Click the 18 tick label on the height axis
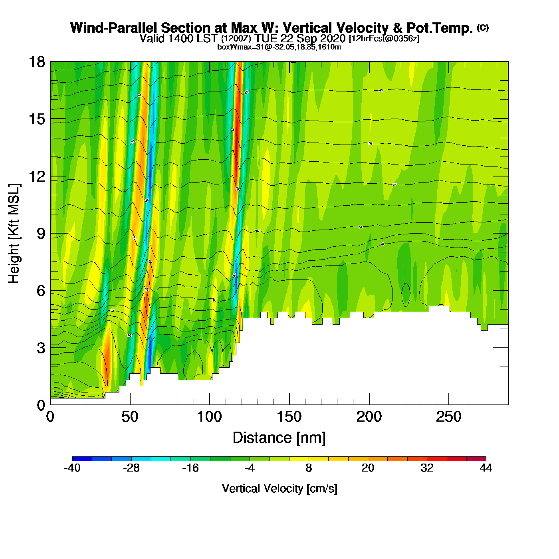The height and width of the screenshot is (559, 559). [36, 62]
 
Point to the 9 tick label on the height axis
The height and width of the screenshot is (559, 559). [41, 234]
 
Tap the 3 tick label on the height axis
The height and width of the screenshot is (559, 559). [41, 348]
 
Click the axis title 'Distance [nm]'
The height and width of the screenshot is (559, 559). [279, 438]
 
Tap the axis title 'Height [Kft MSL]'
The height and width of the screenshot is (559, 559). [14, 234]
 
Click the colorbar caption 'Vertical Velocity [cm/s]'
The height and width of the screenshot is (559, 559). [279, 488]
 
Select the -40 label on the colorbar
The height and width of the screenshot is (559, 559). [72, 468]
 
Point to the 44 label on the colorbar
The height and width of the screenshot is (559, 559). [486, 468]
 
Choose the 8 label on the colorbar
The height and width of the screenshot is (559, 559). [309, 468]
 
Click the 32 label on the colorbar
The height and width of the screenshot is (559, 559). [427, 468]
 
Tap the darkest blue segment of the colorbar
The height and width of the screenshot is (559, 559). [82, 459]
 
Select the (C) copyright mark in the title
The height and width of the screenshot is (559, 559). [483, 28]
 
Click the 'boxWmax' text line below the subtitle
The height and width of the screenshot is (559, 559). [279, 47]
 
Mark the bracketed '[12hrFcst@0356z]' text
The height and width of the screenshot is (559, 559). [384, 39]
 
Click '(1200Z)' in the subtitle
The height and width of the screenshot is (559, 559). [236, 39]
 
